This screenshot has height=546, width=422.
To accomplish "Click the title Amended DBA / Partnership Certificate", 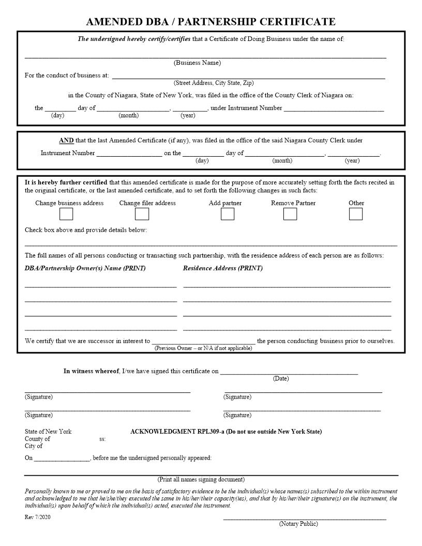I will (x=210, y=21).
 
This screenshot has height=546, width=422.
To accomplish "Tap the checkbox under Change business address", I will (x=66, y=214).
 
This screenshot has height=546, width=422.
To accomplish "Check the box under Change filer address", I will (x=142, y=214).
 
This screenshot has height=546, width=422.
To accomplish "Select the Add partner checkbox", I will (x=228, y=214).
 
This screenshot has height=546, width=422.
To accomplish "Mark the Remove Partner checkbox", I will (x=290, y=214).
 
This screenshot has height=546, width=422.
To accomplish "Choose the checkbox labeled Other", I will (x=356, y=214).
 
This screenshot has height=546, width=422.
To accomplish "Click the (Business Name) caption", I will (x=197, y=63).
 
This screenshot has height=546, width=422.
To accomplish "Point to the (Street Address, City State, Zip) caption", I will (x=214, y=83).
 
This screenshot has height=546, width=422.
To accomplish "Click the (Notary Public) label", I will (x=298, y=524).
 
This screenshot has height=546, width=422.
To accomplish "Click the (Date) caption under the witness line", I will (x=281, y=379).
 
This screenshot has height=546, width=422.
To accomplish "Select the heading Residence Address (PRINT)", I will (x=223, y=268).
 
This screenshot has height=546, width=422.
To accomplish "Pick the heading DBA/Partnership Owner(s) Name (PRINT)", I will (x=85, y=268).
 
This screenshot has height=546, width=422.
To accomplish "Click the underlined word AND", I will (x=66, y=141).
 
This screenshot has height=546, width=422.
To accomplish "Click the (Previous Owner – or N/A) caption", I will (x=203, y=348).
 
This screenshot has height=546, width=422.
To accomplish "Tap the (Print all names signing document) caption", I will (x=201, y=480).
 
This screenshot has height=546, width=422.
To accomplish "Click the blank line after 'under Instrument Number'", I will (x=334, y=109).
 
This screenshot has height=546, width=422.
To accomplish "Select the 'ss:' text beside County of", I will (x=102, y=439).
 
